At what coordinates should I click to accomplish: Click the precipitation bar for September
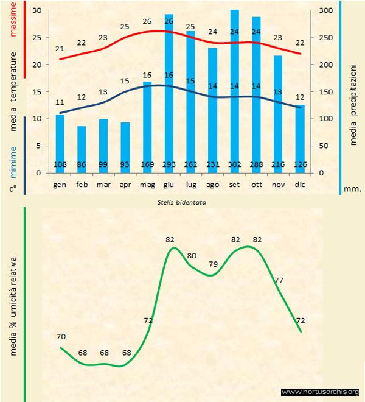234,91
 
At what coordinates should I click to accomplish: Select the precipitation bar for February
82,149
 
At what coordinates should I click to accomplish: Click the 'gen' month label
60,184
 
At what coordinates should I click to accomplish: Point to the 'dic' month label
299,184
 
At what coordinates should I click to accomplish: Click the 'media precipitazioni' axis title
353,97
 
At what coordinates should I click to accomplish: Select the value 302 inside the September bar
234,164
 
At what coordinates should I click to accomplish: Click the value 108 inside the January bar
60,164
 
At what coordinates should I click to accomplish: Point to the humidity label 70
61,336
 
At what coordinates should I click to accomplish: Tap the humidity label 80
192,256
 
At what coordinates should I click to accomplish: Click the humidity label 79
214,264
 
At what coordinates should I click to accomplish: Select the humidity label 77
279,280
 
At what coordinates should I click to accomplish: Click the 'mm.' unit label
352,189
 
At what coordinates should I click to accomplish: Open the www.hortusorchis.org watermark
320,392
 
